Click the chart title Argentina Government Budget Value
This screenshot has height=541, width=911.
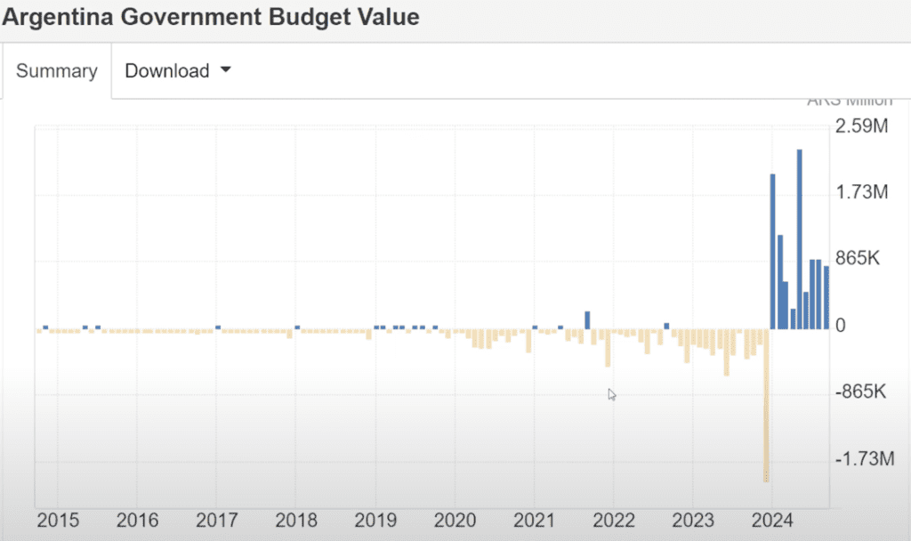pyautogui.click(x=212, y=17)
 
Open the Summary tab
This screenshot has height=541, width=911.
pyautogui.click(x=56, y=71)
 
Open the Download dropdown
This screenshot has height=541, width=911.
pyautogui.click(x=177, y=71)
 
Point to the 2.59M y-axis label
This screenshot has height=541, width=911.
pyautogui.click(x=861, y=126)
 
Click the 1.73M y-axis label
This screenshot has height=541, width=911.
pyautogui.click(x=861, y=192)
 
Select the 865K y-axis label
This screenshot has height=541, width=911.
pyautogui.click(x=858, y=259)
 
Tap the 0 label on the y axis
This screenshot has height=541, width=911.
pyautogui.click(x=841, y=326)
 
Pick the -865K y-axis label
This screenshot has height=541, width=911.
pyautogui.click(x=862, y=392)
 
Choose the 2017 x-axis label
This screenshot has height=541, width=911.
pyautogui.click(x=216, y=521)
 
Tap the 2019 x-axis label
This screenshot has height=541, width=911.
pyautogui.click(x=375, y=521)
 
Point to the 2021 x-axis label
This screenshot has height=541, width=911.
pyautogui.click(x=535, y=521)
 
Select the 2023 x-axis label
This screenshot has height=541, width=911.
pyautogui.click(x=693, y=521)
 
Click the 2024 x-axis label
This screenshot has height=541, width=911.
pyautogui.click(x=772, y=521)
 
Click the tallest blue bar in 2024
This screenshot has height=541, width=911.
pyautogui.click(x=800, y=238)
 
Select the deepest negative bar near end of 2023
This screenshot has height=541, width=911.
pyautogui.click(x=765, y=405)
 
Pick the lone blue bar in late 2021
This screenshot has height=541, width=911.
pyautogui.click(x=587, y=319)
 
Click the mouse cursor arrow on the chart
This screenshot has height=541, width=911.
pyautogui.click(x=612, y=394)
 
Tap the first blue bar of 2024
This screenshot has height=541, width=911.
pyautogui.click(x=772, y=251)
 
